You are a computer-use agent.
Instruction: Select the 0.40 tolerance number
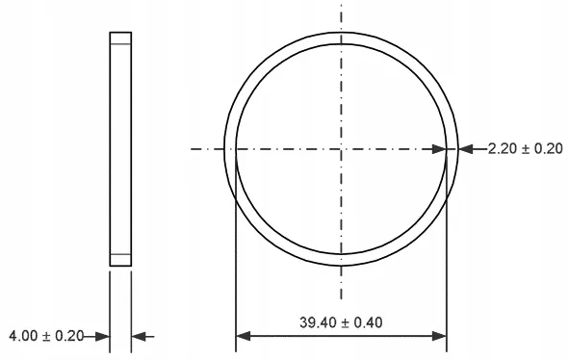pyautogui.click(x=368, y=322)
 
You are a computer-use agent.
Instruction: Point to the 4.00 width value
pyautogui.click(x=23, y=336)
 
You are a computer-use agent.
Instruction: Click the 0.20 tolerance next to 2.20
pyautogui.click(x=549, y=149)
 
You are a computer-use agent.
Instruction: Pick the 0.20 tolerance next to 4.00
pyautogui.click(x=69, y=336)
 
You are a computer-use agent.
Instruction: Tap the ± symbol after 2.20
pyautogui.click(x=526, y=149)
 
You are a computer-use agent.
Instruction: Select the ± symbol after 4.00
pyautogui.click(x=46, y=336)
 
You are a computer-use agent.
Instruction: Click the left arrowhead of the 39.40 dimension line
pyautogui.click(x=244, y=336)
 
